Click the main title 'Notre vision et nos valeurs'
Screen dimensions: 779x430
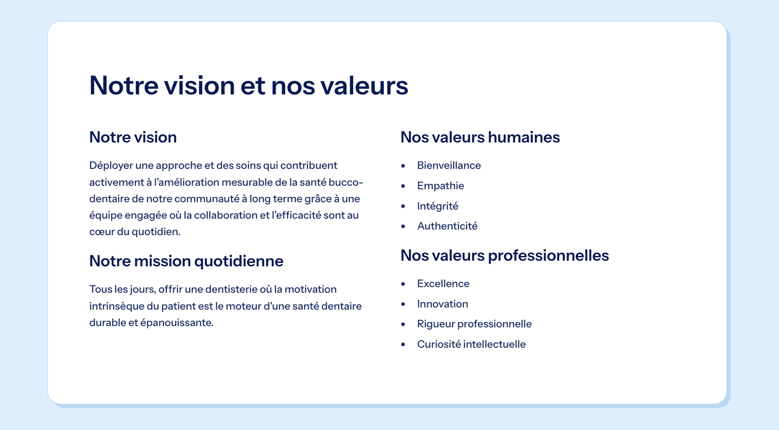pos(249,86)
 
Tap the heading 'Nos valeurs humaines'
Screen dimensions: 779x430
pos(480,137)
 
